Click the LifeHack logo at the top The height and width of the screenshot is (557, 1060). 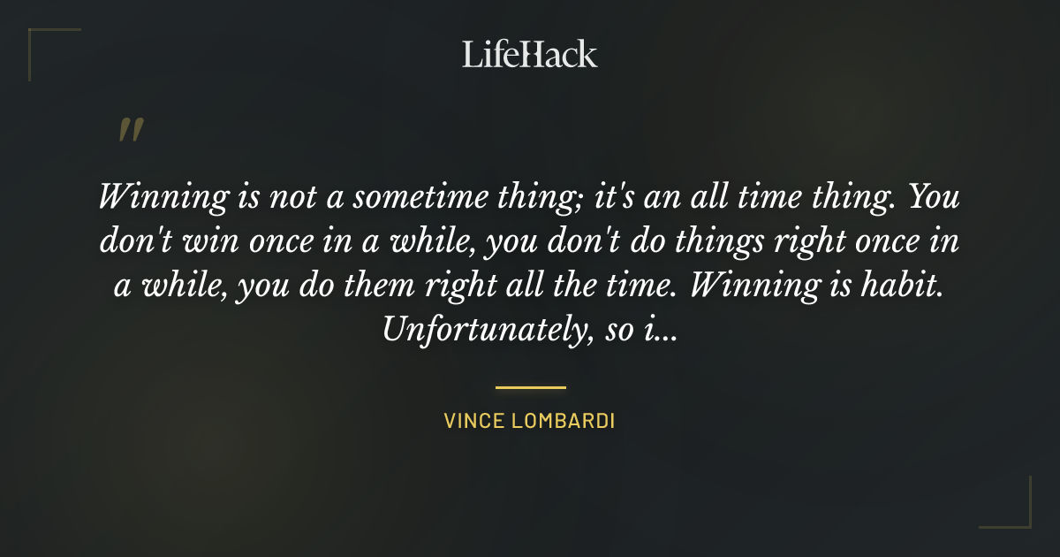530,54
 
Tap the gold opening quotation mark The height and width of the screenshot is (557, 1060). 130,131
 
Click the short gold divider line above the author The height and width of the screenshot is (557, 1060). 530,387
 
